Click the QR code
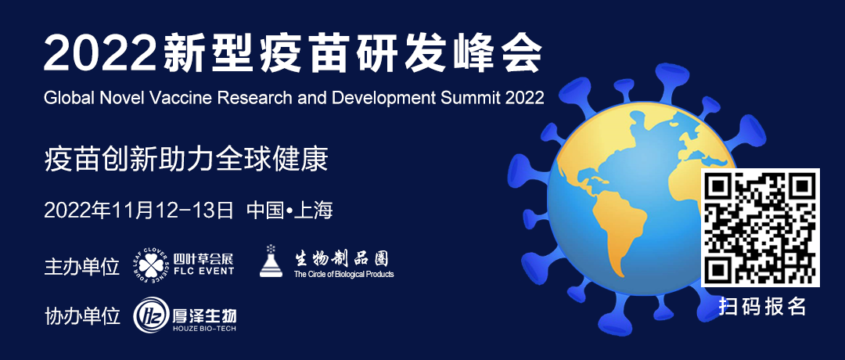click(760, 228)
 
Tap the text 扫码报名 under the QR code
click(762, 306)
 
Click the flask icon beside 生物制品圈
click(271, 261)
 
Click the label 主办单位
click(82, 266)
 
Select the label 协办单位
click(82, 315)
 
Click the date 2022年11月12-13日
click(138, 210)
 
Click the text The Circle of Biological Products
click(343, 275)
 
